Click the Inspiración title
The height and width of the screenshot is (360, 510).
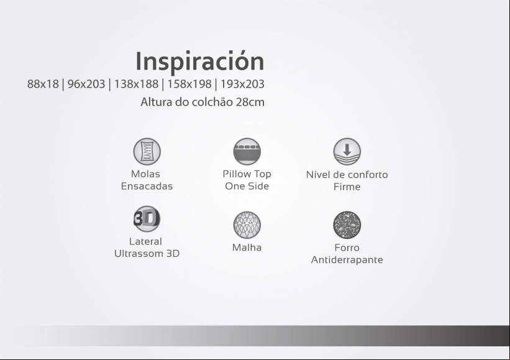[x=199, y=61]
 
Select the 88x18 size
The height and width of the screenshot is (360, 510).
[x=43, y=84]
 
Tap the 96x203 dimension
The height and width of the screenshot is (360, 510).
[x=86, y=84]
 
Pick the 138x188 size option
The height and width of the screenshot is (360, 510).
[x=136, y=84]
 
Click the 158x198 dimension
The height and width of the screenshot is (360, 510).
[x=189, y=84]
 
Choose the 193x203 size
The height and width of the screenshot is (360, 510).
[x=242, y=84]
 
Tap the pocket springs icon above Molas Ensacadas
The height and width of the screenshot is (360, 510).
[x=147, y=151]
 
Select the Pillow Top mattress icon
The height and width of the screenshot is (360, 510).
[x=247, y=151]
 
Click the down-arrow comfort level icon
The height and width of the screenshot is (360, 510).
[x=347, y=151]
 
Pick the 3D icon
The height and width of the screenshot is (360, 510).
[x=147, y=219]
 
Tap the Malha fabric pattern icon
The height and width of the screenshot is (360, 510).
[x=247, y=225]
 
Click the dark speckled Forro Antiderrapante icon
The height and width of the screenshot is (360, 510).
[x=347, y=225]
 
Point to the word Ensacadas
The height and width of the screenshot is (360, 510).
[x=147, y=186]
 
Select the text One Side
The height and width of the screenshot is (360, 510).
[x=247, y=186]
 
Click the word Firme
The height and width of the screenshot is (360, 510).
[x=347, y=187]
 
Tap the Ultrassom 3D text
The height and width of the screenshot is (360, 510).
[x=147, y=254]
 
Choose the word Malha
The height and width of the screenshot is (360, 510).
[x=247, y=247]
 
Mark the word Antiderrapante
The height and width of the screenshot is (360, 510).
[x=347, y=260]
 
